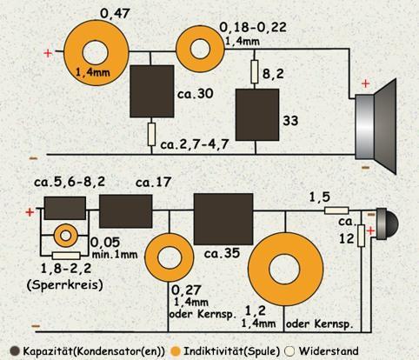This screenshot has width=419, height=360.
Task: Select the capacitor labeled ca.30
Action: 152,91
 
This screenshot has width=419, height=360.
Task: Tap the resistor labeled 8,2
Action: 255,71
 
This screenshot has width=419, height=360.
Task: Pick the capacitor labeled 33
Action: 257,115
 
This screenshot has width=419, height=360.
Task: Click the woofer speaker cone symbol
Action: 376,126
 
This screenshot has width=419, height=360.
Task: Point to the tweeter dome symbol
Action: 387,223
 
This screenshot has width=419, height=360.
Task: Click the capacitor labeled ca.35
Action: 223,219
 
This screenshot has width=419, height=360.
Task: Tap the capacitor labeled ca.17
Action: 126,211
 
